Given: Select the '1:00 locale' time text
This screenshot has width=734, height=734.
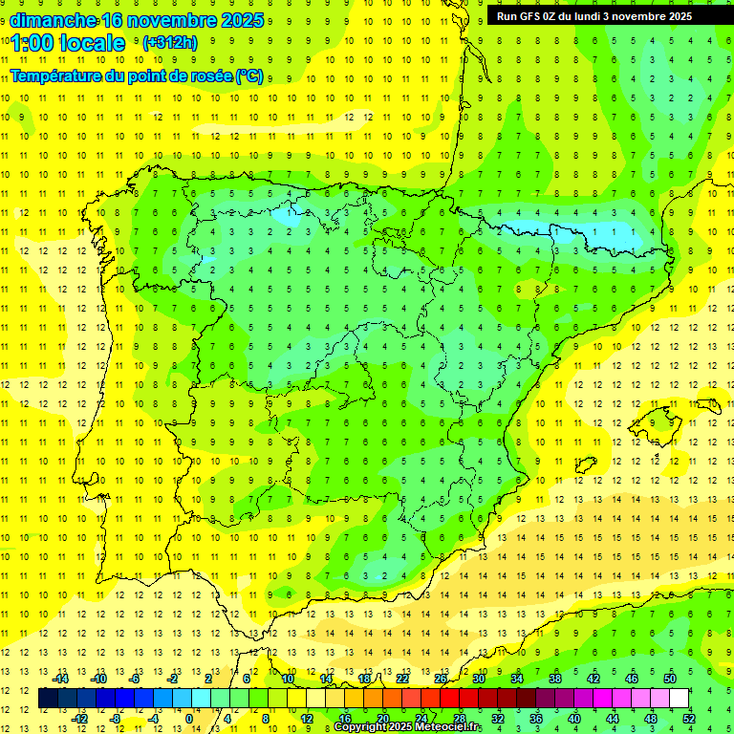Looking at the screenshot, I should (68, 43).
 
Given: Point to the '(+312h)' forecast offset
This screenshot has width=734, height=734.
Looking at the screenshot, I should (170, 43).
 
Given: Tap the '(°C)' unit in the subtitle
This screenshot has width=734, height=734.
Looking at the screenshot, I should (249, 76).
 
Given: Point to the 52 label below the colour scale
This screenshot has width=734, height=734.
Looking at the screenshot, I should (689, 719).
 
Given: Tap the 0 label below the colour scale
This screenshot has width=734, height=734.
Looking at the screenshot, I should (189, 719).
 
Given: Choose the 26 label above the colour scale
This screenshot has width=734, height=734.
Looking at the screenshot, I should (441, 679).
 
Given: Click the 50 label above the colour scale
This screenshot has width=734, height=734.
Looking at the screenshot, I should (670, 679).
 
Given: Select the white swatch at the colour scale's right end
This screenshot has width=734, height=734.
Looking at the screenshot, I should (680, 699).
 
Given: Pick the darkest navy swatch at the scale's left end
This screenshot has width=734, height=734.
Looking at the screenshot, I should (49, 699).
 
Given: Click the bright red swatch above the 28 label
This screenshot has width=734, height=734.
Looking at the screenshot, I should (460, 699).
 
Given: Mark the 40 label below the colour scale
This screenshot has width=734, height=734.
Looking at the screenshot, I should (574, 719).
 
